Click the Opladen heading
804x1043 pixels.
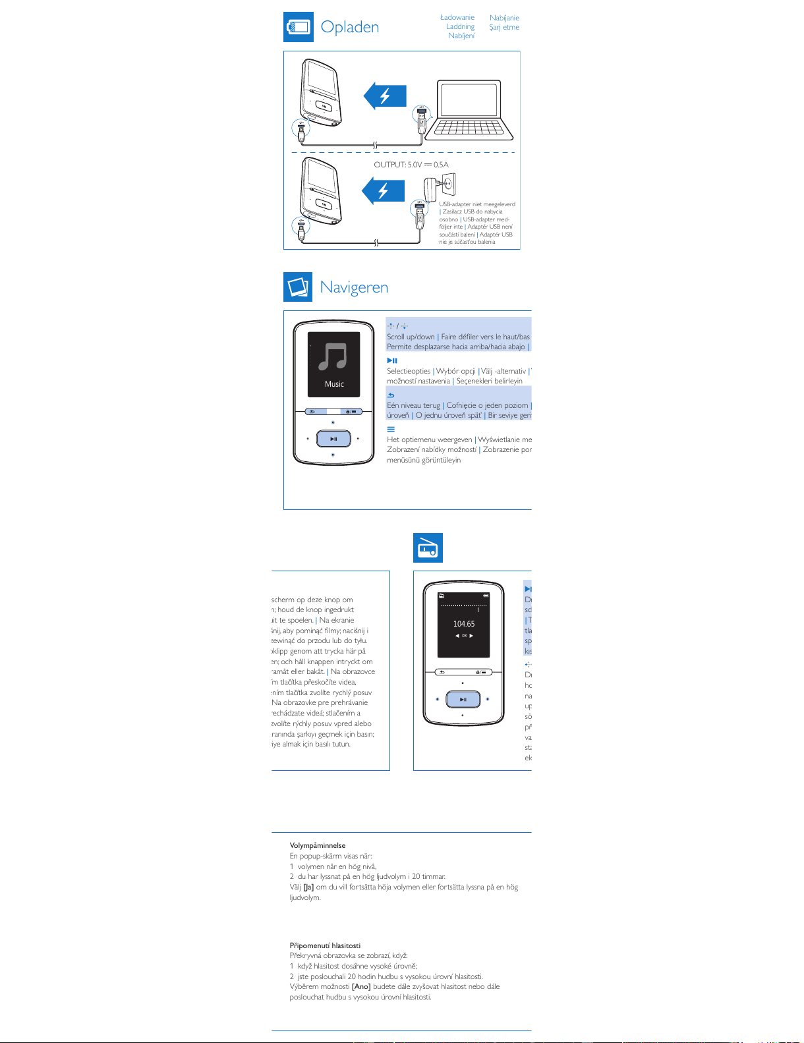(x=349, y=27)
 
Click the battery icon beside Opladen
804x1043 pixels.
(x=298, y=27)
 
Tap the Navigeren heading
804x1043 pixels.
(x=354, y=287)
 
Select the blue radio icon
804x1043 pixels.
(x=428, y=548)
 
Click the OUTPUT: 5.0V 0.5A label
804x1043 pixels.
(x=411, y=165)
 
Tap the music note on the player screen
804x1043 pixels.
(x=333, y=356)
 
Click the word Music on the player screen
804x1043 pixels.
(x=334, y=384)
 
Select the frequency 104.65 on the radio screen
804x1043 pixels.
(x=464, y=624)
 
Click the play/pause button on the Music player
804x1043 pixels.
(x=333, y=439)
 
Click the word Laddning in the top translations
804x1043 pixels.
(x=460, y=27)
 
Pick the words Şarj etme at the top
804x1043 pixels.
(x=504, y=27)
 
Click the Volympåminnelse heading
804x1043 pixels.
(x=318, y=845)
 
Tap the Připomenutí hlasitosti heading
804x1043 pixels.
(x=325, y=945)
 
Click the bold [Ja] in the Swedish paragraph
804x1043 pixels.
(x=308, y=887)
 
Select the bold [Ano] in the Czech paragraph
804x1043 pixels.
(x=361, y=986)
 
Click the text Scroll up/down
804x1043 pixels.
(x=411, y=337)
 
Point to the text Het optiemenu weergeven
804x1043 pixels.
(x=429, y=439)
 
